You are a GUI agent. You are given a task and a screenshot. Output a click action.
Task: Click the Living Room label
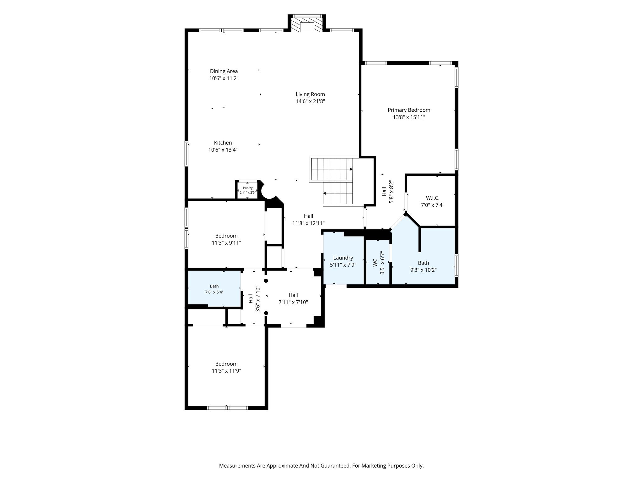(x=310, y=94)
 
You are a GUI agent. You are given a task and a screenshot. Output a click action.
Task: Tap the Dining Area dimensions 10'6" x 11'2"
(x=224, y=78)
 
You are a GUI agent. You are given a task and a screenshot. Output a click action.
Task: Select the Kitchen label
(x=223, y=143)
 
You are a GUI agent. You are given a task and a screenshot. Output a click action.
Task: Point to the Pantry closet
(x=248, y=190)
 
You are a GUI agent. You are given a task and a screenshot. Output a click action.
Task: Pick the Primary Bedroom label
(x=409, y=110)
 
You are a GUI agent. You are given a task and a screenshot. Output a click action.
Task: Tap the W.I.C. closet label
(x=433, y=198)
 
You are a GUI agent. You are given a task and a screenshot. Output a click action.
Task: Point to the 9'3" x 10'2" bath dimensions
(x=424, y=270)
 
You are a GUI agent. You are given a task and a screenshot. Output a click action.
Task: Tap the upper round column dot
(x=266, y=281)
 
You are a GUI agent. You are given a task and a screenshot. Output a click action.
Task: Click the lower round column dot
(x=266, y=313)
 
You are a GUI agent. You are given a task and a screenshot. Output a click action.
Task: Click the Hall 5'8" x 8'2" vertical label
(x=388, y=192)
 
